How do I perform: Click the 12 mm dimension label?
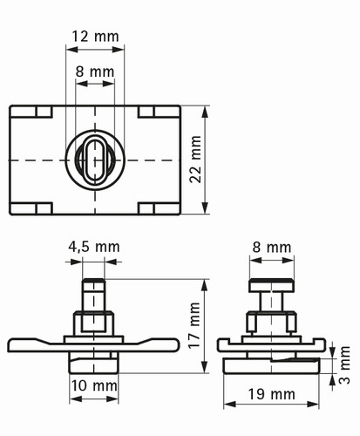[x=95, y=37]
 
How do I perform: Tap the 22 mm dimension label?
[x=195, y=159]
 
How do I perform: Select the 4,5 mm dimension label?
[x=94, y=247]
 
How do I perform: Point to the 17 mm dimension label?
[x=194, y=325]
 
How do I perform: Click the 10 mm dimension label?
[x=94, y=386]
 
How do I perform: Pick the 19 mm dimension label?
[x=271, y=394]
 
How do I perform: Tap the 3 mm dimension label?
[x=344, y=364]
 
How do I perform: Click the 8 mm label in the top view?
[x=95, y=72]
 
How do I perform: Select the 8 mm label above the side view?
[x=272, y=248]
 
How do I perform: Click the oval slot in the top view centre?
[x=95, y=160]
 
